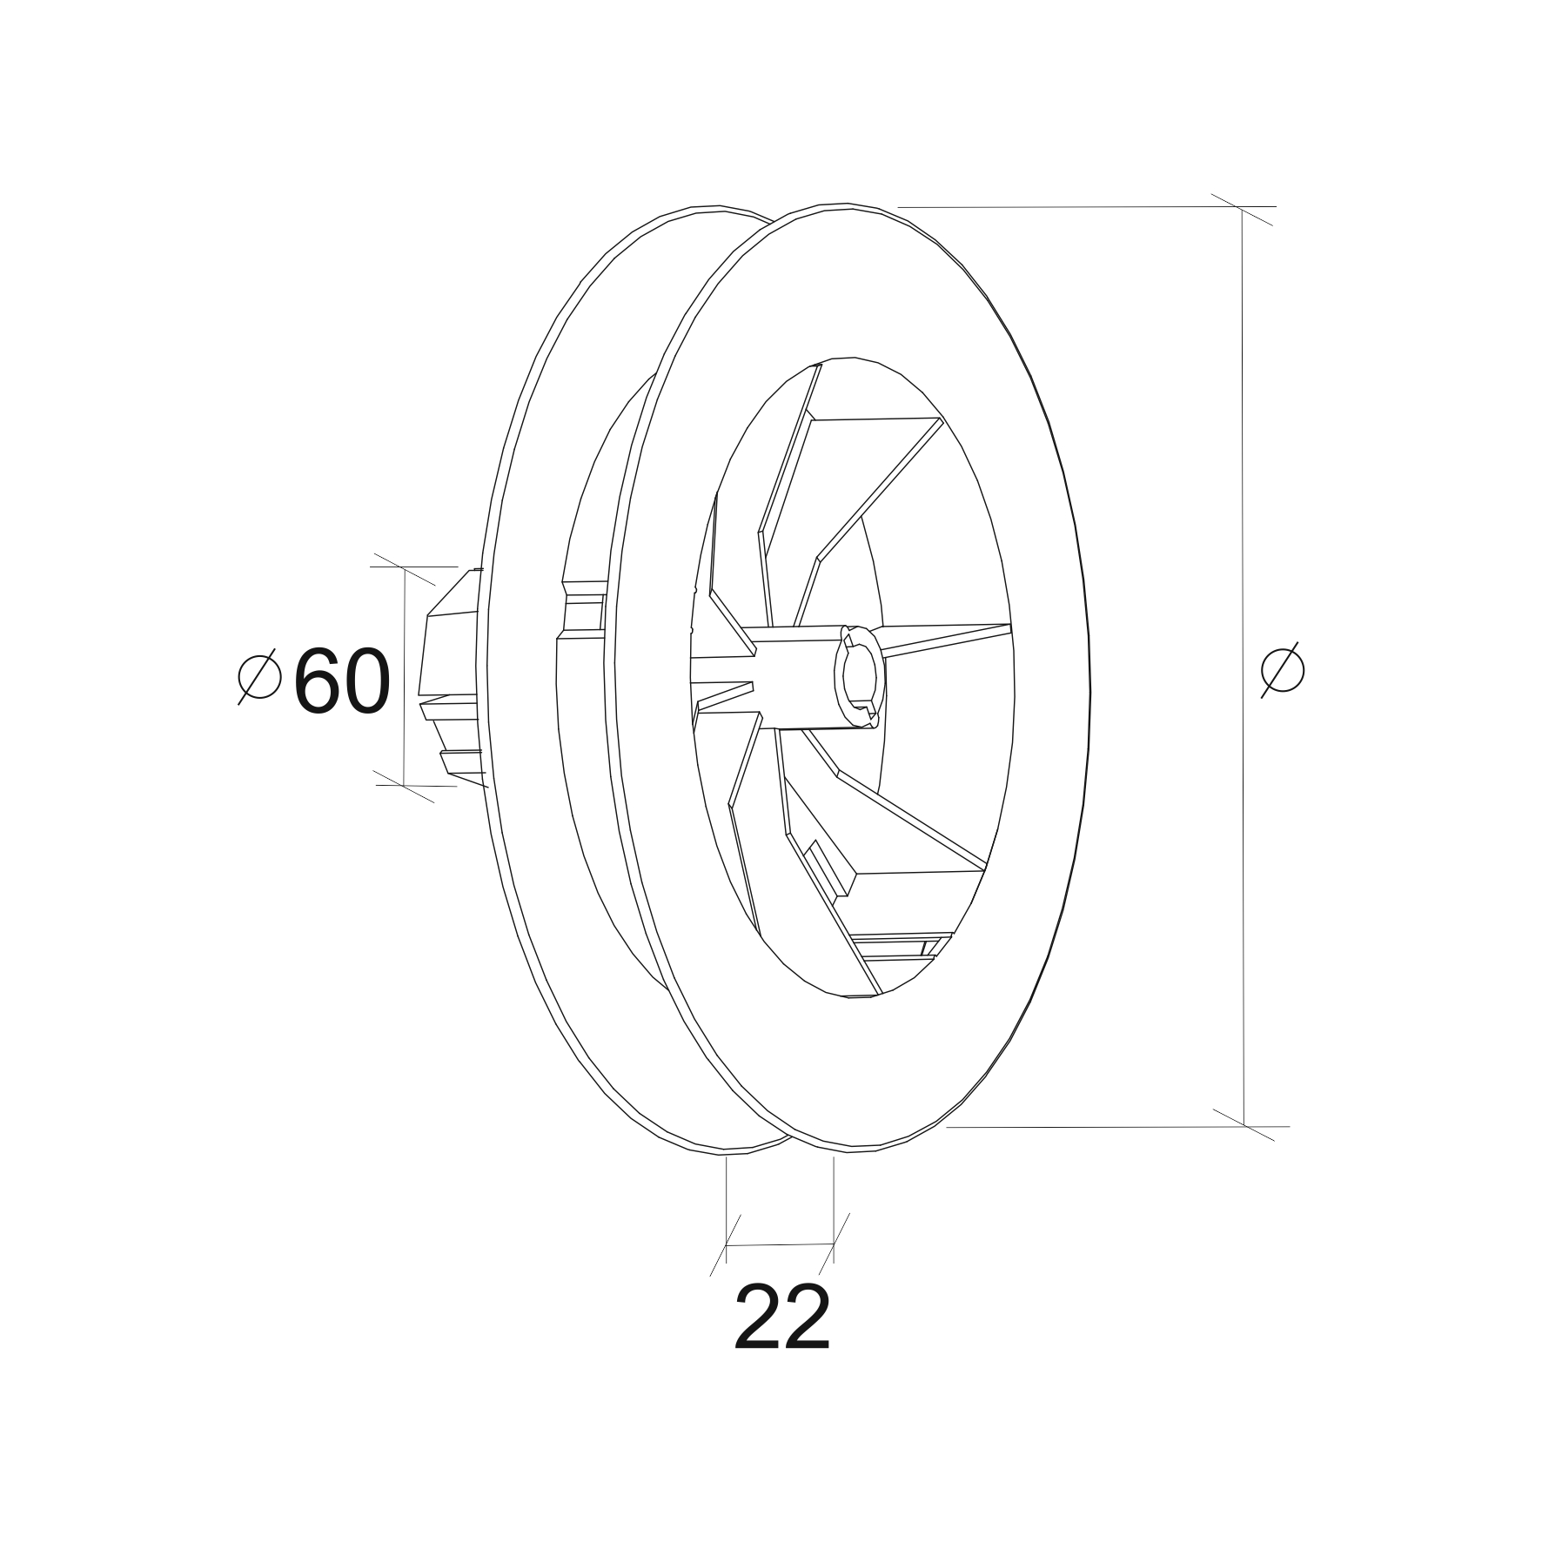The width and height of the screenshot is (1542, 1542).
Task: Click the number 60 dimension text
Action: click(342, 682)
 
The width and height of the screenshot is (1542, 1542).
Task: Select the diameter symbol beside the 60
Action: click(259, 676)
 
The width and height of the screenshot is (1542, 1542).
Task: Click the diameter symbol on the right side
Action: click(1283, 669)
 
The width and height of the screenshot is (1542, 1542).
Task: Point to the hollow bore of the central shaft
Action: click(859, 675)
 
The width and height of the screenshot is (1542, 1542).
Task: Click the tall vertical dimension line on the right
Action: click(1243, 667)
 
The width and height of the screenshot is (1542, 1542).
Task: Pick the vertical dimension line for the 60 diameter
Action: click(405, 676)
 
